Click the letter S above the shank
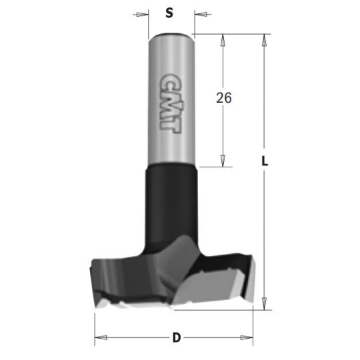[x=169, y=13]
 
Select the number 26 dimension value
[x=223, y=98]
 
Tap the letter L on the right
[x=265, y=161]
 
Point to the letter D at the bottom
[x=176, y=337]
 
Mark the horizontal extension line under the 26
[x=213, y=167]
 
